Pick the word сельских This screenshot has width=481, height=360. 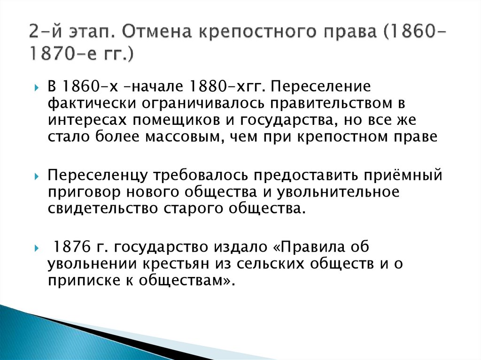pos(270,263)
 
